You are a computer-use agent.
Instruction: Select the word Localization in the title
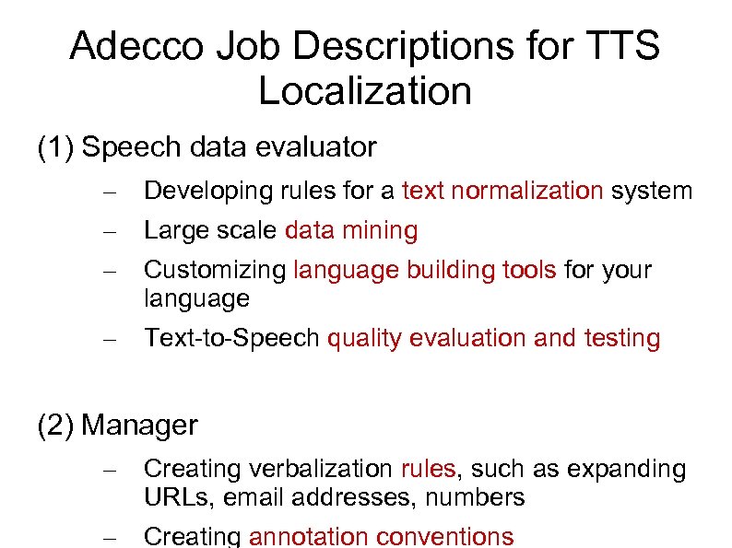365,91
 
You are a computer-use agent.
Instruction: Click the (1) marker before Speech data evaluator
55,146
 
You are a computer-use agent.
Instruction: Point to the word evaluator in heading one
319,146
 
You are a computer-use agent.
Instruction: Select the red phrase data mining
351,230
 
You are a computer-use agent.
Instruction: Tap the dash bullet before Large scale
109,232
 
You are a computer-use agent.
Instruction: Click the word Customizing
215,270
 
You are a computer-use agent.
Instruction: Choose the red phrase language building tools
424,270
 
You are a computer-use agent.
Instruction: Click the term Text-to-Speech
232,338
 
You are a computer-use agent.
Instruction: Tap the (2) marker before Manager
55,425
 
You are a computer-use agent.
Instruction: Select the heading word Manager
139,425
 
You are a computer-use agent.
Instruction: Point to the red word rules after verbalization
428,469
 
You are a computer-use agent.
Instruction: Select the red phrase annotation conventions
381,536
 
